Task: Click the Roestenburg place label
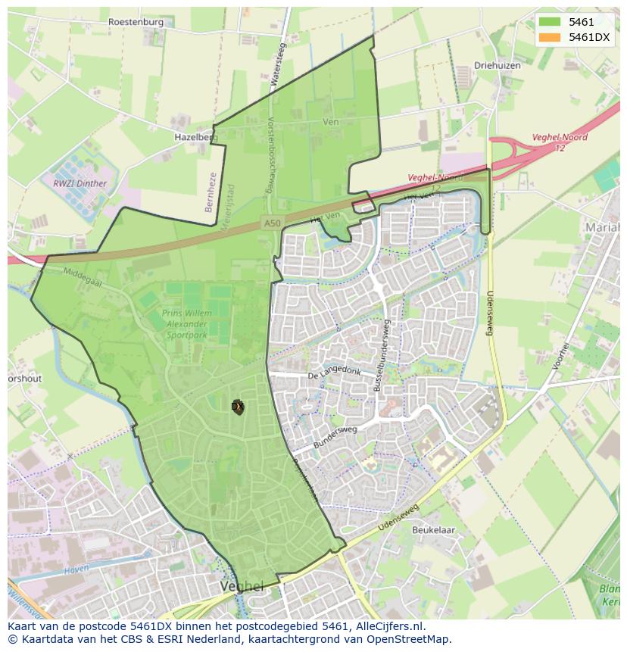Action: coord(136,22)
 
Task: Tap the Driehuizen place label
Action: coord(497,66)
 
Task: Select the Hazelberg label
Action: coord(195,137)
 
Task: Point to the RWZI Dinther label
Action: coord(80,183)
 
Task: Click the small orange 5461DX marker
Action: coord(238,407)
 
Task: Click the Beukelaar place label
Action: coord(433,530)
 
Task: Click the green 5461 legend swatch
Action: coord(550,22)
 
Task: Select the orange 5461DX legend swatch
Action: coord(550,37)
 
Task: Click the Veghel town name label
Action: coord(242,587)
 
